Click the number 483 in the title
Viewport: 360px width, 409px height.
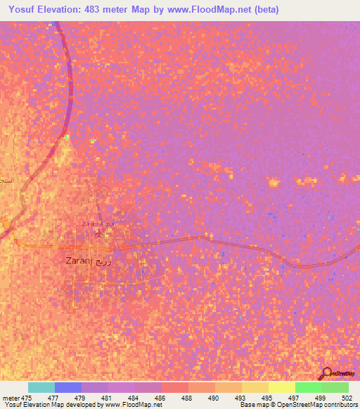[98, 10]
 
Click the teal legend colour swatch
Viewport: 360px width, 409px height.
[41, 387]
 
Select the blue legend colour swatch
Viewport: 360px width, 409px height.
[67, 387]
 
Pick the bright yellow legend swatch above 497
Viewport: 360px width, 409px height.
[281, 387]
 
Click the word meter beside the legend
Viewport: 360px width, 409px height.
[11, 398]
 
